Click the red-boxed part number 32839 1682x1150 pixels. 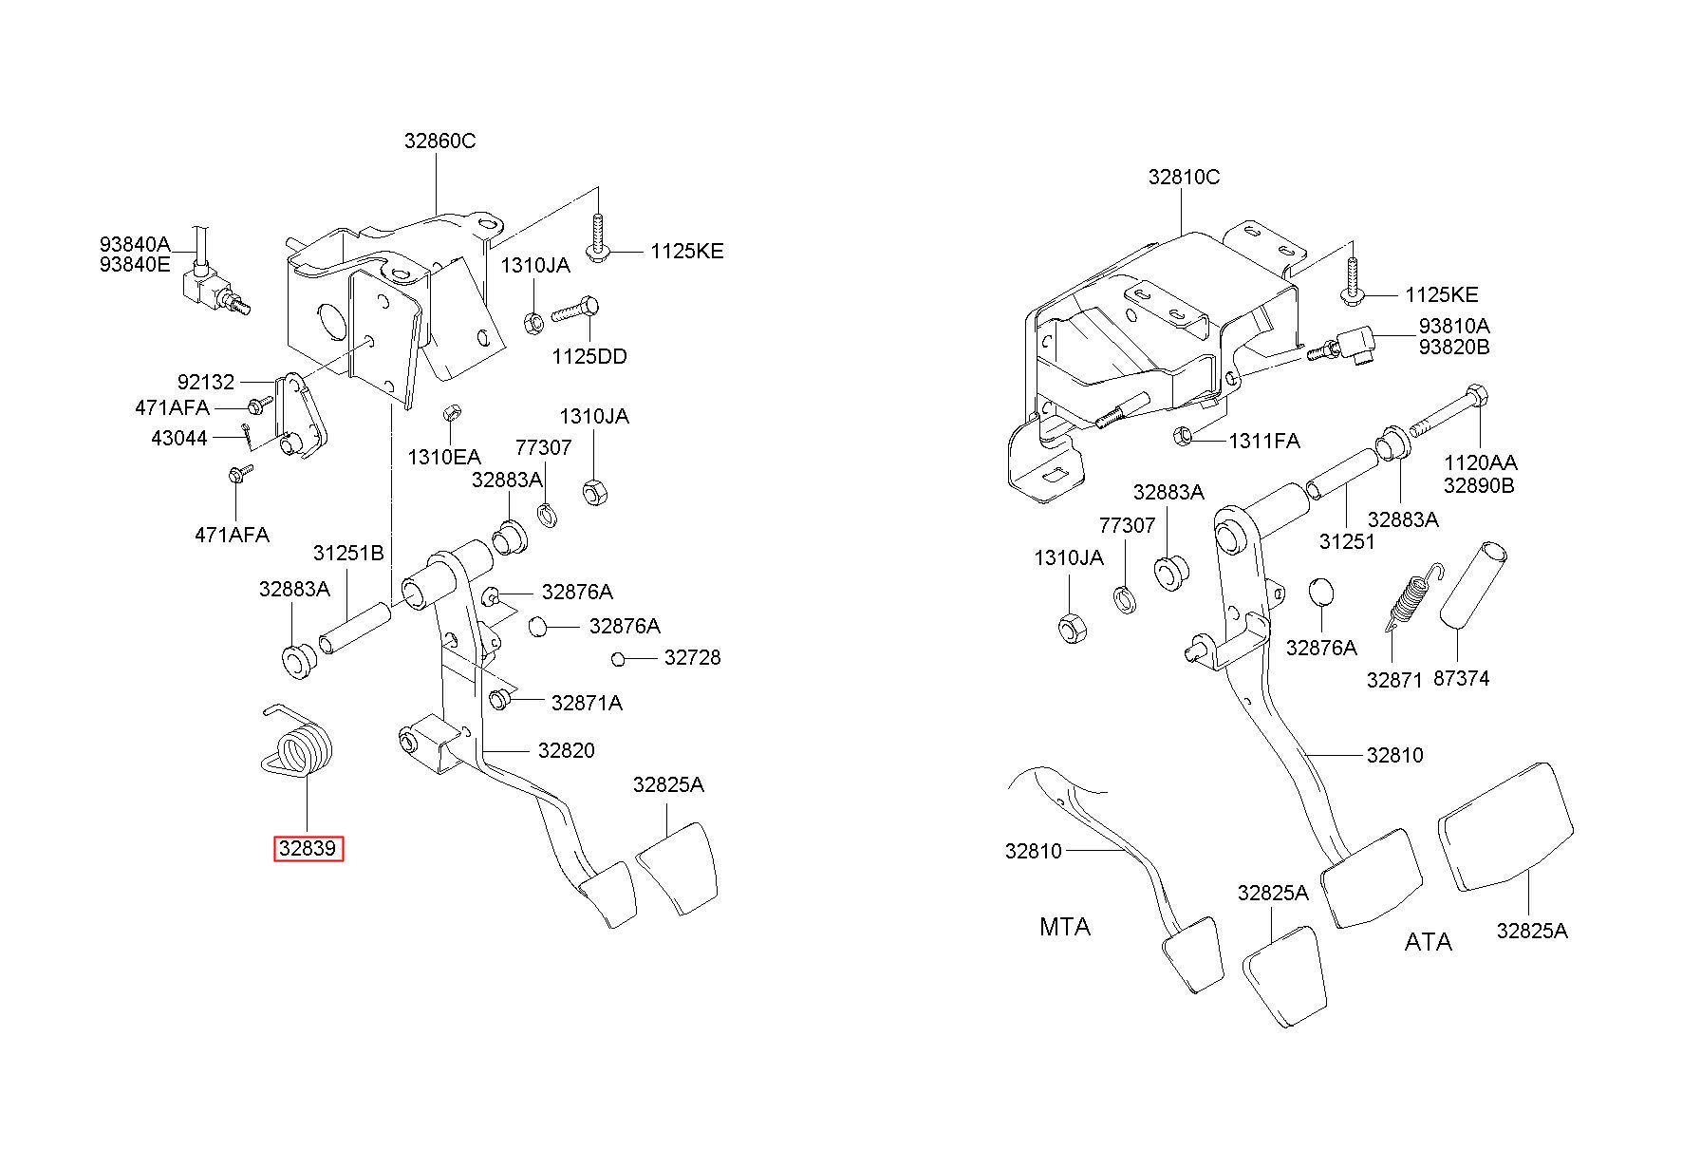(308, 848)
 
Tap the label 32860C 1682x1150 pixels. (439, 141)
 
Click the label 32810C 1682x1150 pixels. (1184, 177)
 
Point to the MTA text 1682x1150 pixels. (1065, 926)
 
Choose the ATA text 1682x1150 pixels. (1428, 942)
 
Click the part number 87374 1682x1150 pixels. (1461, 678)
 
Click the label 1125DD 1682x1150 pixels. (589, 357)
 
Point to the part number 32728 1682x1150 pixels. (692, 657)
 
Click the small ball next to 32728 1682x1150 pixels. (618, 659)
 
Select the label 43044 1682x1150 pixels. (178, 439)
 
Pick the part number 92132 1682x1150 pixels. (205, 383)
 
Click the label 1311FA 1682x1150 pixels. (1264, 441)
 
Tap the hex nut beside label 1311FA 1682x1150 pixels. (1183, 436)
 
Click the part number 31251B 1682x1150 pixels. (348, 553)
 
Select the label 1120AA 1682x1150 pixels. (1480, 463)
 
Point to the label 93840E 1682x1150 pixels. (135, 265)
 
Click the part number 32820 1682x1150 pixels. (566, 750)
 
